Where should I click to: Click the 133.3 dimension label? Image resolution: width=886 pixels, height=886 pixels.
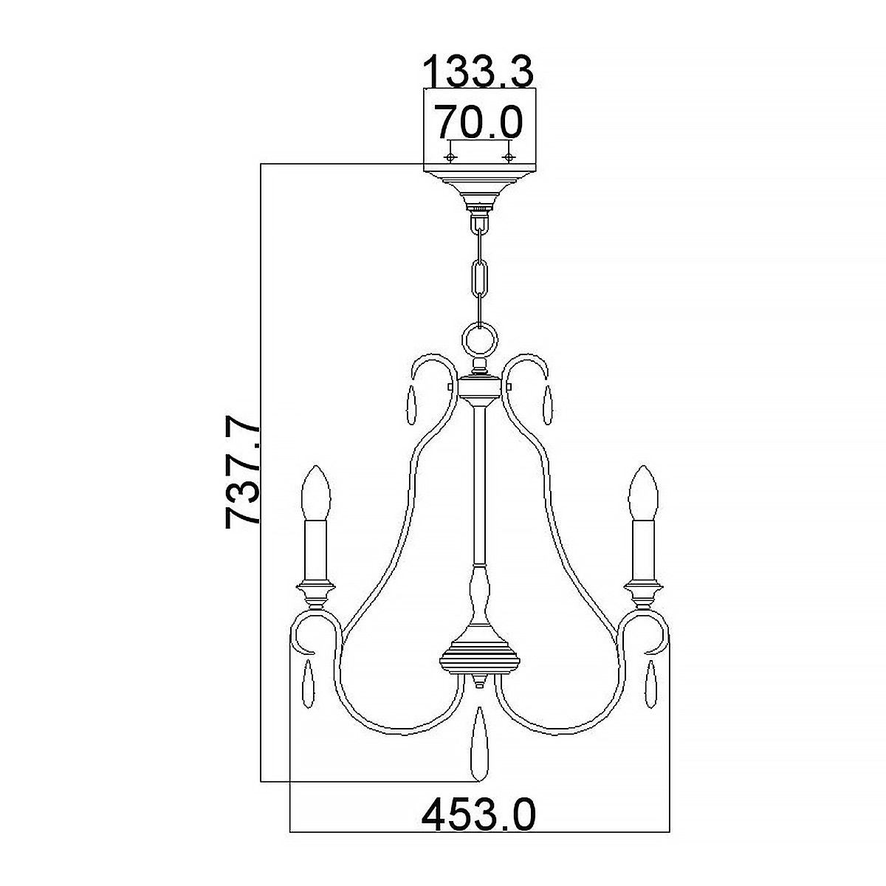(478, 72)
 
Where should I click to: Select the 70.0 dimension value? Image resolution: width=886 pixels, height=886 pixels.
(478, 120)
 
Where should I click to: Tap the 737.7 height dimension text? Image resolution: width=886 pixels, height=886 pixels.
(243, 472)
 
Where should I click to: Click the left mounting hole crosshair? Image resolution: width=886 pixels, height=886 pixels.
(449, 157)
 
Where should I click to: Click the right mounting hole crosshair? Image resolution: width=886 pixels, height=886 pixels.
(507, 157)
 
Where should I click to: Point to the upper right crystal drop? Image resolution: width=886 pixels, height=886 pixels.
(547, 405)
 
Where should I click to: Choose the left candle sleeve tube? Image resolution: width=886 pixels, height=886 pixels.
(316, 550)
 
